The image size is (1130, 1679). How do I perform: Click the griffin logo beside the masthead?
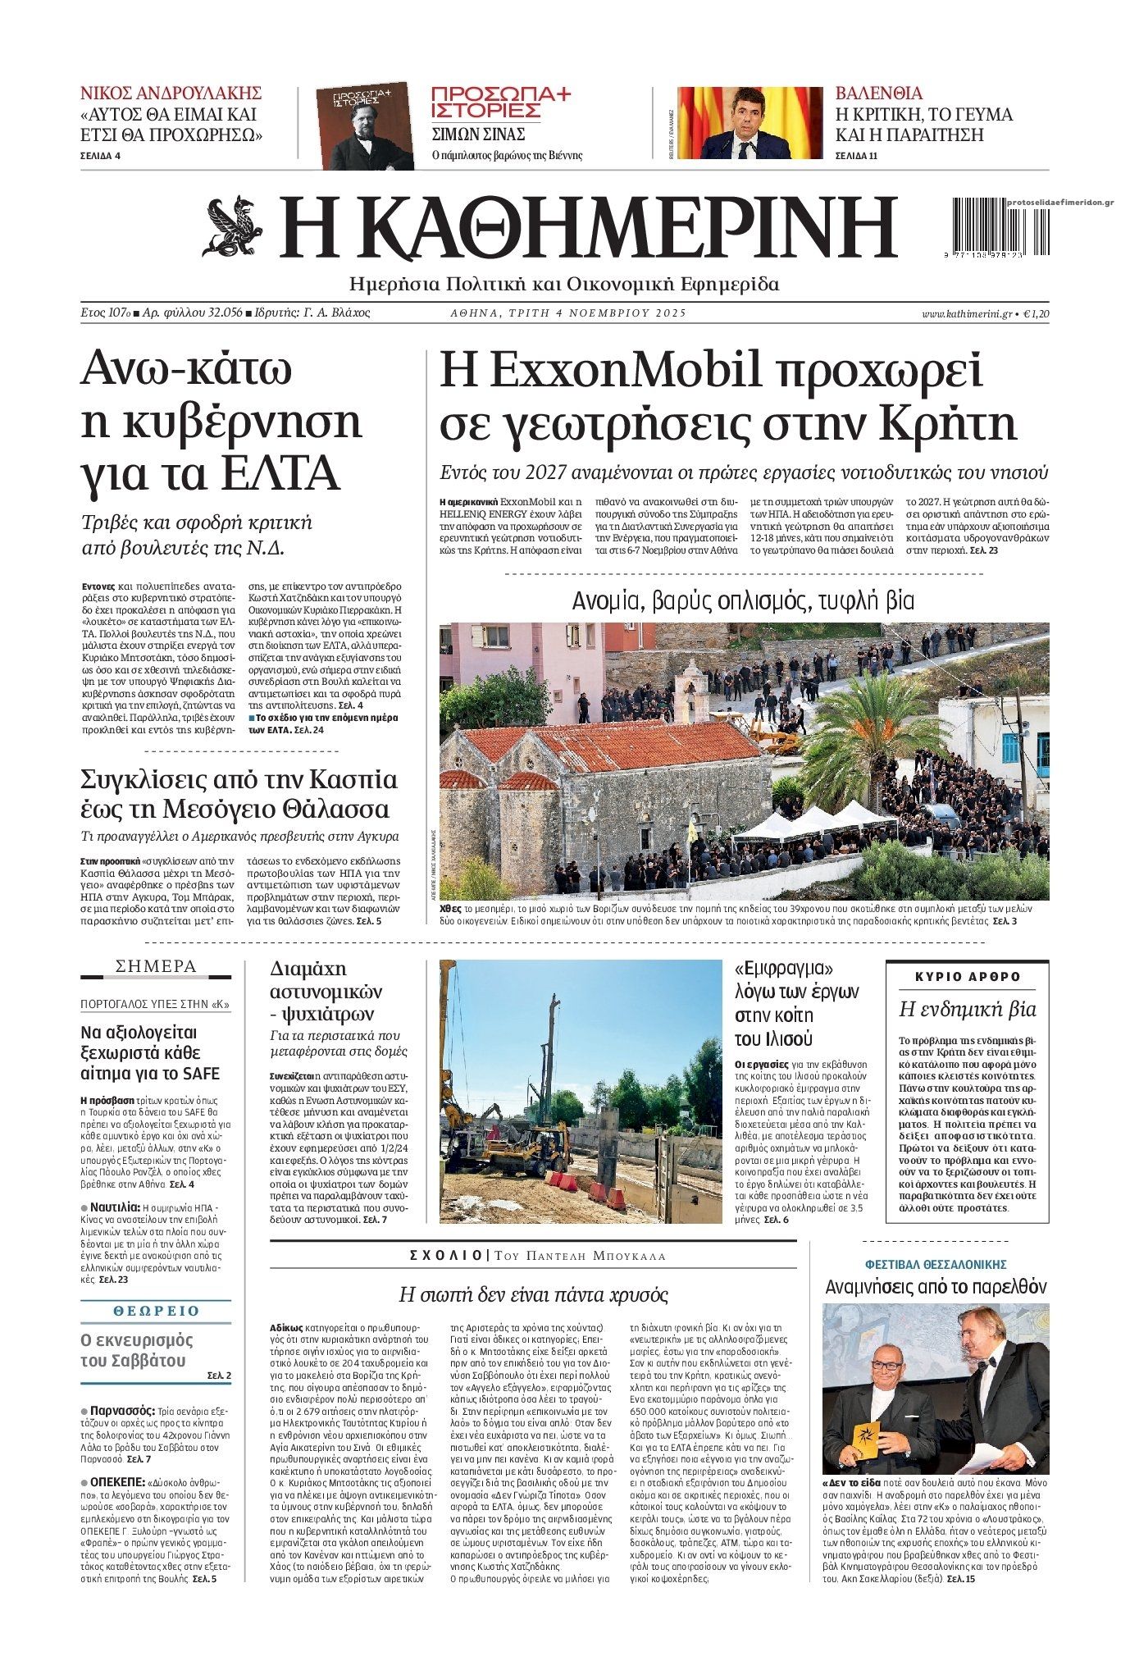(x=233, y=227)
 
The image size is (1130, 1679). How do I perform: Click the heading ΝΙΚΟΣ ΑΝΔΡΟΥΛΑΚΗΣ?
(x=171, y=93)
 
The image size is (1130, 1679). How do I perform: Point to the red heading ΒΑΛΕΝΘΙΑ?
(x=878, y=93)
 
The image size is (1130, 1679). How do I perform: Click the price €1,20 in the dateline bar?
(x=1038, y=313)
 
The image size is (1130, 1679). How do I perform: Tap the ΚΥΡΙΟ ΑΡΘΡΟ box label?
(x=967, y=977)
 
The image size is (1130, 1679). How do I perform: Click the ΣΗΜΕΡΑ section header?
(x=156, y=966)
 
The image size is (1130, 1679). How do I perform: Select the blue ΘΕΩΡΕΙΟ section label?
(x=156, y=1311)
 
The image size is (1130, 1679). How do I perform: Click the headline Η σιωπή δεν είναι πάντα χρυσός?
(x=533, y=1295)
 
